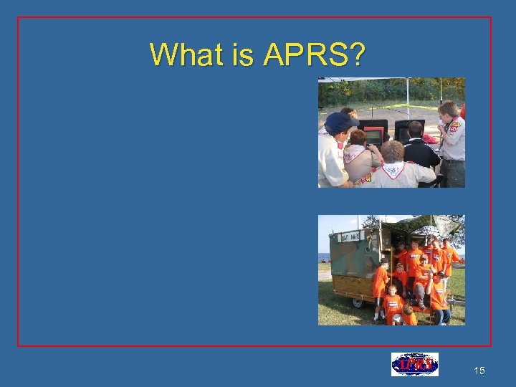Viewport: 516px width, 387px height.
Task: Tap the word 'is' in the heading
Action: point(242,54)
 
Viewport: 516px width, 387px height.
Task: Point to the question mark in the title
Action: point(356,54)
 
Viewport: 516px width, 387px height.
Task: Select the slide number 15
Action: point(479,371)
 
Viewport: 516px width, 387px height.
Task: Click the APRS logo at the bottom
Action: point(414,364)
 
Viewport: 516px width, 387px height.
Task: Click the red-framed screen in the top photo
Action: point(375,135)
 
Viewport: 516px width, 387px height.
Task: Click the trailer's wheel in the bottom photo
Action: point(357,302)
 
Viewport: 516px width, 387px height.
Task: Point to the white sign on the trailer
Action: point(349,237)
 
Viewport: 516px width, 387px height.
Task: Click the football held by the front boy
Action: point(396,317)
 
